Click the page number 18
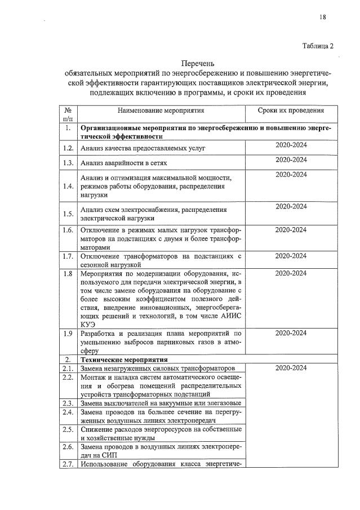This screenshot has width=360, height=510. (x=323, y=17)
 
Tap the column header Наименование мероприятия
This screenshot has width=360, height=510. (x=161, y=110)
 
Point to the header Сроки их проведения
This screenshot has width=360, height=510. (x=291, y=110)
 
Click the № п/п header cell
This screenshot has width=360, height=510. (x=68, y=114)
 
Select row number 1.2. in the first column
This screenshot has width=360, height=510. (x=68, y=149)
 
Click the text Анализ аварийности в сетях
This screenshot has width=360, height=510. (x=121, y=163)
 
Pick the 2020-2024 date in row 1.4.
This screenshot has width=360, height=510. (x=291, y=175)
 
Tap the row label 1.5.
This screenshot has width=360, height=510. (x=68, y=214)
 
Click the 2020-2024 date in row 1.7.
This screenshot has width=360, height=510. (x=291, y=256)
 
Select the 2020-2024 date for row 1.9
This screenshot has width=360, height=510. (x=291, y=333)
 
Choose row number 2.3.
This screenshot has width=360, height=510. (x=68, y=403)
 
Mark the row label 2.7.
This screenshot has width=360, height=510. (x=68, y=465)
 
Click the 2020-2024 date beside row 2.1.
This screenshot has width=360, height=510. (x=291, y=368)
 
